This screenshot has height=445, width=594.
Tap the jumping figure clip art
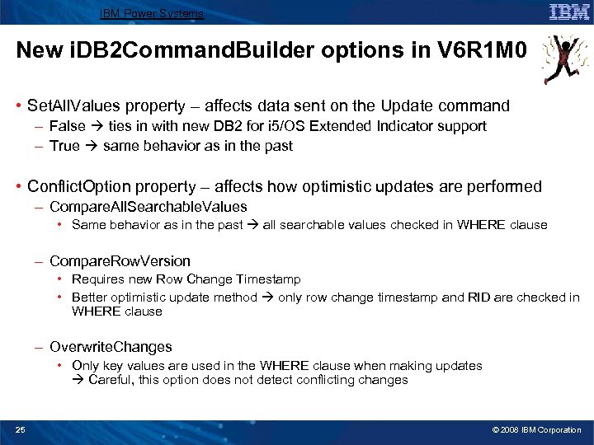(x=564, y=60)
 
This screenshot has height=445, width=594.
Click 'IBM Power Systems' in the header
(x=151, y=13)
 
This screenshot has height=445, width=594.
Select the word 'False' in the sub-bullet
(x=67, y=126)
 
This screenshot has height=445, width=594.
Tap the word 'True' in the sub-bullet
(x=64, y=146)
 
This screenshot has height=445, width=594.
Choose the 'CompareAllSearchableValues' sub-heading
(x=148, y=207)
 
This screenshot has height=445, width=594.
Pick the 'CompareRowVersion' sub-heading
(x=120, y=261)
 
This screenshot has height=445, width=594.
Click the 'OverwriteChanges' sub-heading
(x=111, y=347)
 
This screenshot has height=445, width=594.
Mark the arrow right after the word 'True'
(x=91, y=146)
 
